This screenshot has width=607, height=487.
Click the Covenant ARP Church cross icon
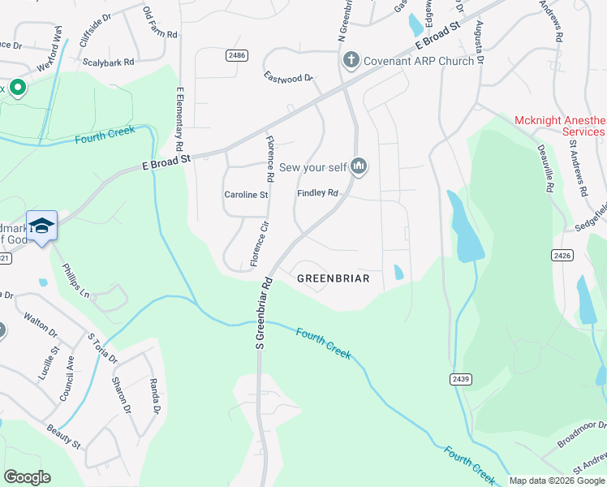351,60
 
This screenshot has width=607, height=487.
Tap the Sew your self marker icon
359,167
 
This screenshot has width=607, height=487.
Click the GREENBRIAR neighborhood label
333,278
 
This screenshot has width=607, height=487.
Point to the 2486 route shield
237,54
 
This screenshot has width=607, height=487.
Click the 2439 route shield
460,379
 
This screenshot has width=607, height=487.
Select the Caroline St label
246,195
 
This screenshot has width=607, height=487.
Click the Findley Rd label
317,193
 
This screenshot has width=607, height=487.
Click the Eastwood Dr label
288,77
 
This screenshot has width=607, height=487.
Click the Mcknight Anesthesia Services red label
560,126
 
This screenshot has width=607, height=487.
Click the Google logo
27,477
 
